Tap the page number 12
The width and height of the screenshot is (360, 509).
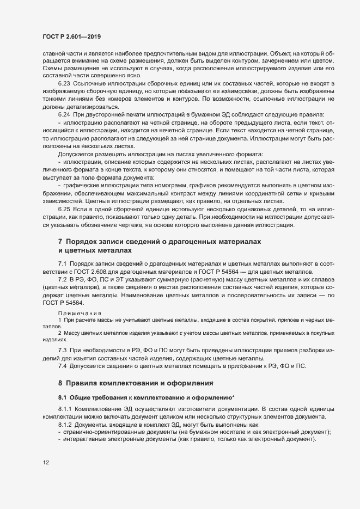[46, 463]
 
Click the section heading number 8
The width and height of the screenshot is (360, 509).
[61, 383]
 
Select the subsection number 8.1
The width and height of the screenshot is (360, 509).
[64, 398]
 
